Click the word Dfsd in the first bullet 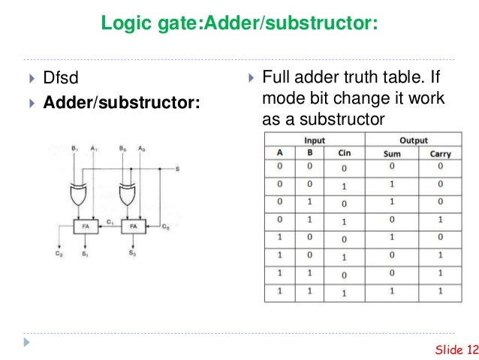coord(61,77)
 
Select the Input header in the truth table coord(315,141)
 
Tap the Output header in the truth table coord(414,141)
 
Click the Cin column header coord(345,153)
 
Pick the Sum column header coord(392,153)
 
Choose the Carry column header coord(440,154)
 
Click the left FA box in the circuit coord(86,227)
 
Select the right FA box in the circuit coord(134,227)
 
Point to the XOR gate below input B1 coord(78,195)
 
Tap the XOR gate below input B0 coord(127,195)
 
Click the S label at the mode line coord(177,169)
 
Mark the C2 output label coord(59,253)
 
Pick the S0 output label coord(132,253)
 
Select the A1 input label coord(94,149)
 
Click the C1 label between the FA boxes coord(110,222)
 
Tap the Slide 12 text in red coord(456,349)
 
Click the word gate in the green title coord(179,23)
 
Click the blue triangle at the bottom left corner coord(27,342)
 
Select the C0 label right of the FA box coord(166,227)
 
